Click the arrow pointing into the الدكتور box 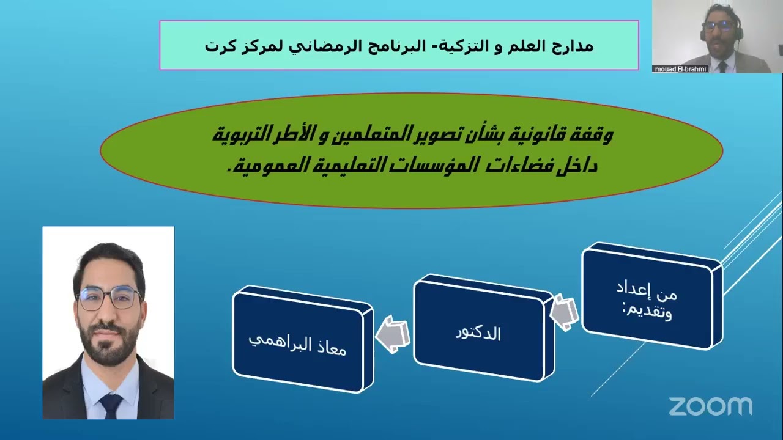(565, 312)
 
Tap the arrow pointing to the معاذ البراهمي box (393, 335)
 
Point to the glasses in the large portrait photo (108, 298)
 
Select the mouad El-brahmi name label (680, 69)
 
